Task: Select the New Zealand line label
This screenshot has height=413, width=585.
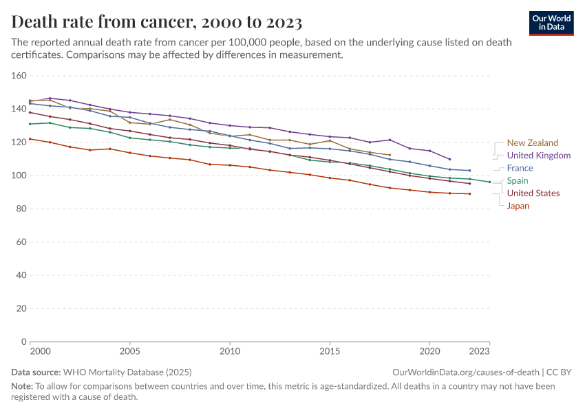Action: click(533, 143)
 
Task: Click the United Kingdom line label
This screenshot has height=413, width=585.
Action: click(539, 156)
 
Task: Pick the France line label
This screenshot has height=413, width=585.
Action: click(520, 168)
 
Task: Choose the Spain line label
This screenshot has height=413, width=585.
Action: click(518, 181)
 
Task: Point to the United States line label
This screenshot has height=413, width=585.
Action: click(533, 193)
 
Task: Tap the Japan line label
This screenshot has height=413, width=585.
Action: click(518, 206)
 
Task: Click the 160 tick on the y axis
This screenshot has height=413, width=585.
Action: click(19, 76)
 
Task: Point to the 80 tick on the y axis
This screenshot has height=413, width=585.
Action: click(21, 209)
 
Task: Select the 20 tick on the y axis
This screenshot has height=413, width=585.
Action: click(21, 308)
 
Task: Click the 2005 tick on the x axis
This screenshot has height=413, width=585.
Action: click(129, 351)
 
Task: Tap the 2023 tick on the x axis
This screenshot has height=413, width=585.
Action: click(480, 351)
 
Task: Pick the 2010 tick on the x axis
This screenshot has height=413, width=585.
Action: click(230, 351)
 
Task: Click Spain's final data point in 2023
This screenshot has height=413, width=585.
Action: click(489, 182)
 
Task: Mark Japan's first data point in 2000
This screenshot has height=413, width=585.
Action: click(30, 139)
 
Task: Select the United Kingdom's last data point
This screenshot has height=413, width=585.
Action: click(449, 159)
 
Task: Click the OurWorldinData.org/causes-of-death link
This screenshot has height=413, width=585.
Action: click(465, 372)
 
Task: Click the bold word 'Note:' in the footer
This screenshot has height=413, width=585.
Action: click(23, 386)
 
